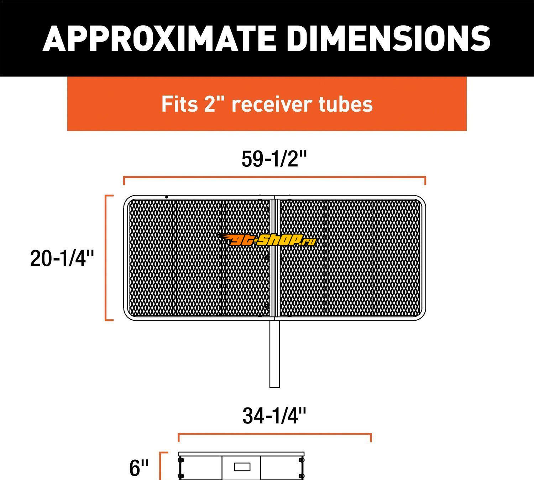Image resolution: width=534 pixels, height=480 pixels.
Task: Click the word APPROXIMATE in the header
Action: point(159,38)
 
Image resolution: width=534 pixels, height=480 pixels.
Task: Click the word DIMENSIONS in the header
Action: point(388,38)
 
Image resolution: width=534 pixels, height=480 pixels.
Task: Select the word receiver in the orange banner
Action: point(272,104)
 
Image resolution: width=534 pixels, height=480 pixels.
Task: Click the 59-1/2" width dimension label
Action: point(274,159)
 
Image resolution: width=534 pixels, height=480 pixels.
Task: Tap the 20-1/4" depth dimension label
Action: point(62,258)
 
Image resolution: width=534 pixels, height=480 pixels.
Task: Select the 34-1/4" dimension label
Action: point(274,416)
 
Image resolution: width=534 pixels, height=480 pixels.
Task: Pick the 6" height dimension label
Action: point(139,468)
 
